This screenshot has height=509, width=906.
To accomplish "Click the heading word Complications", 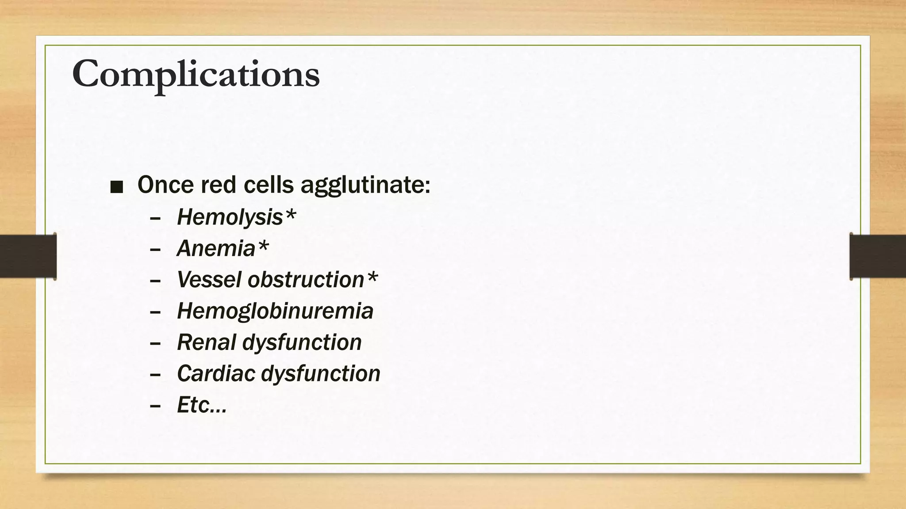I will [x=196, y=74].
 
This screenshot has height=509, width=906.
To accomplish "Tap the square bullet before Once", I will [x=116, y=187].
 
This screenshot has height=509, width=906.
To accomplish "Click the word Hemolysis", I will [x=230, y=217].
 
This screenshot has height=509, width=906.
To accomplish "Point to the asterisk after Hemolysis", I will [x=290, y=216].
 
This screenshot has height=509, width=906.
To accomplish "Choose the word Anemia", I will [x=216, y=248].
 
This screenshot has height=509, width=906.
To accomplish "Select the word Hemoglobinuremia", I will [x=275, y=311].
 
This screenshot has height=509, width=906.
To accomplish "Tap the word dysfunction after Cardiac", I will [x=321, y=374].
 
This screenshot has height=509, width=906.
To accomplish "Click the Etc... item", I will [x=201, y=405].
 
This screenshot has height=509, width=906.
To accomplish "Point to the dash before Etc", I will [x=155, y=406].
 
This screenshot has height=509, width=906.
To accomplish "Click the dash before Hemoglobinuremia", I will [x=155, y=312].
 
